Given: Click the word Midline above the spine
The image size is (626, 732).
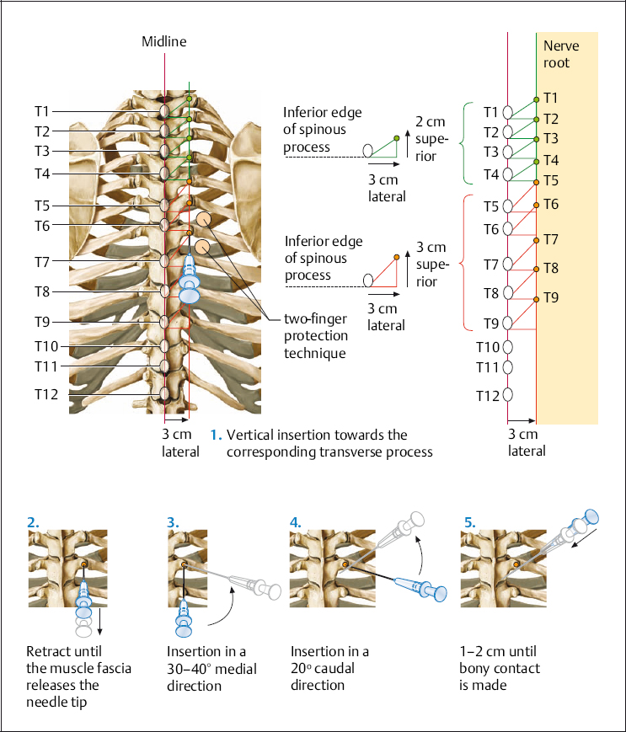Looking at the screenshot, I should coord(164,40).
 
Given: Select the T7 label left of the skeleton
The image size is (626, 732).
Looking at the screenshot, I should coord(43,262).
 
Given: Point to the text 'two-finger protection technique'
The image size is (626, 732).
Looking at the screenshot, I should coord(314,335).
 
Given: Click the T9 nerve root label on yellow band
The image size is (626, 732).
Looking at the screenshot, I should coord(551,297).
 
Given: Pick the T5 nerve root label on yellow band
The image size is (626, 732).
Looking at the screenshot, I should coord(551,179).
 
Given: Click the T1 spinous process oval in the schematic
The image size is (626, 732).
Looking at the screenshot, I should coord(508,112).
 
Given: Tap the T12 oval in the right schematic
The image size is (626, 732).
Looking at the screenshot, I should coord(508,395).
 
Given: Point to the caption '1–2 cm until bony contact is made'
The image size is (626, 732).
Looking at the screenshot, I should coord(500,668).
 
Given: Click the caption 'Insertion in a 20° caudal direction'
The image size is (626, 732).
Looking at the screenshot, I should coord(329,668).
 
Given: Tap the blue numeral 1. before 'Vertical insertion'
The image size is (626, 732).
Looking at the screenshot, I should coord(216,435).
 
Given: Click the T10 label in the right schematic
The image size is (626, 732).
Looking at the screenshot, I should coord(488,346).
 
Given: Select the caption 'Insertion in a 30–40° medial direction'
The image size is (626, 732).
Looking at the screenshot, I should coord(206,668).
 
